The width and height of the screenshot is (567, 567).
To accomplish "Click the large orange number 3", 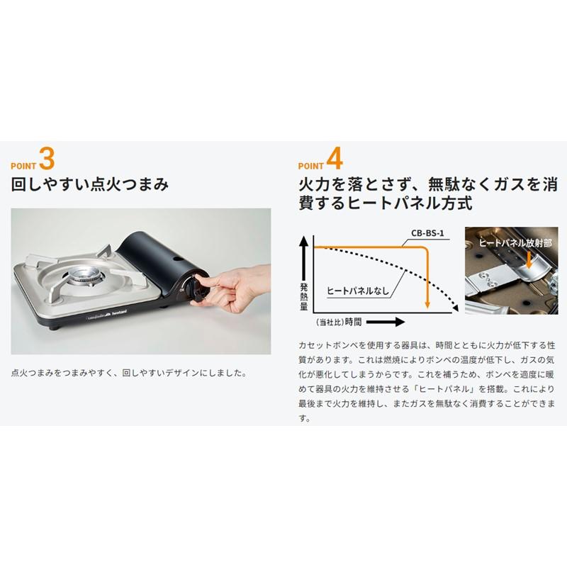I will pos(46,158).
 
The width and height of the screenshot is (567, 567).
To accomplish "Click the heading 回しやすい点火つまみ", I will pos(90,186).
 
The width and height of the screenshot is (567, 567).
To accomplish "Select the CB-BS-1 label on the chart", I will pos(427,232).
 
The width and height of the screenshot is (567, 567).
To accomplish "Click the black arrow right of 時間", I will pos(386,322).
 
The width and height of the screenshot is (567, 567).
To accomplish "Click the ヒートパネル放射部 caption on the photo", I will pos(515,242).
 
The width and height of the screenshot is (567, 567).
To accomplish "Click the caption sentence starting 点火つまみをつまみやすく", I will pos(129,372).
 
